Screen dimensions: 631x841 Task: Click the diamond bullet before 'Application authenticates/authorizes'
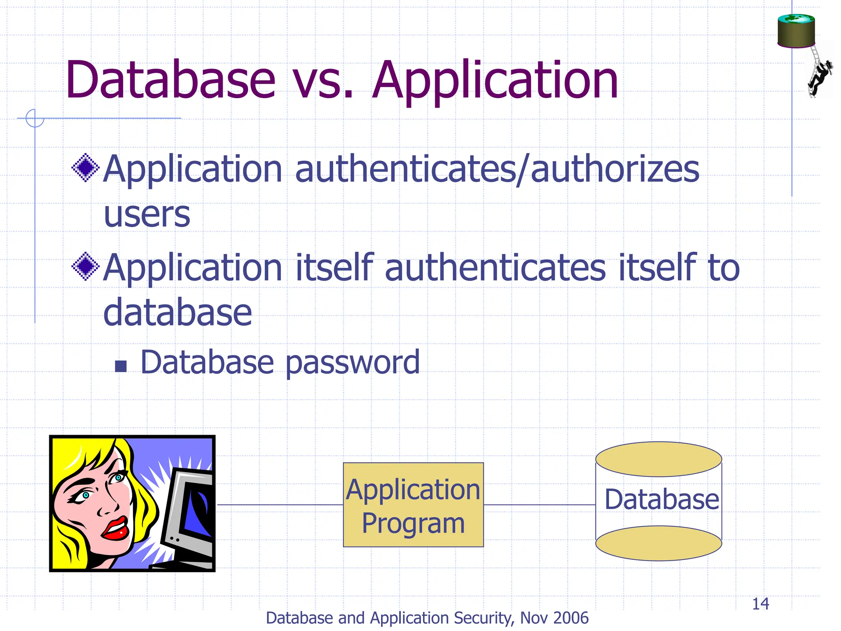(85, 167)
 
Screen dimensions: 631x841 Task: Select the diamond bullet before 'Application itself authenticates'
(85, 266)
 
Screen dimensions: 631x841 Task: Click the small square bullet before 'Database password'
(121, 366)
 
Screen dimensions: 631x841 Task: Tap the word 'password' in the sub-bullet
(352, 363)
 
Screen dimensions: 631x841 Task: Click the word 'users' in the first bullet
(147, 214)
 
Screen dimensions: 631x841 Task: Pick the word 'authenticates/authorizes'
(497, 169)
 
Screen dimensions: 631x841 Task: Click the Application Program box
(413, 505)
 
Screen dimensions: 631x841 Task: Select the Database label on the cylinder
(662, 500)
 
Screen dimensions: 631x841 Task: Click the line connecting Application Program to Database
(539, 505)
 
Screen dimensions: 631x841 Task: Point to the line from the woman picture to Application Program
(279, 505)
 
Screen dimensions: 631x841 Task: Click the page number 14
(760, 604)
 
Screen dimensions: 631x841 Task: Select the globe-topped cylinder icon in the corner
(796, 31)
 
